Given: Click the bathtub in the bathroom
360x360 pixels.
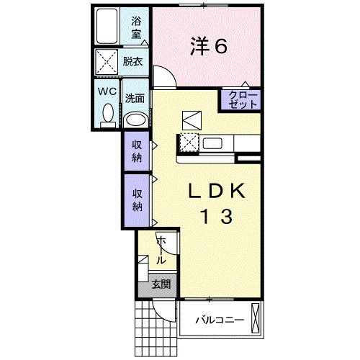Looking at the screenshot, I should click(x=107, y=27).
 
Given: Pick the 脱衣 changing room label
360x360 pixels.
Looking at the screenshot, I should click(x=132, y=62).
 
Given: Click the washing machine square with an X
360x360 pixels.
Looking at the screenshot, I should click(x=107, y=62).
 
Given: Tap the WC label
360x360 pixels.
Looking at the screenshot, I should click(x=107, y=92).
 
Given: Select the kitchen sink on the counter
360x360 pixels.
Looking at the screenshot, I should click(x=215, y=143).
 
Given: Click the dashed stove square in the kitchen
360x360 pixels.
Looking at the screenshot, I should click(x=189, y=143).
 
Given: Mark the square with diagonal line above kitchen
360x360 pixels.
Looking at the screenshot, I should click(x=192, y=118).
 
